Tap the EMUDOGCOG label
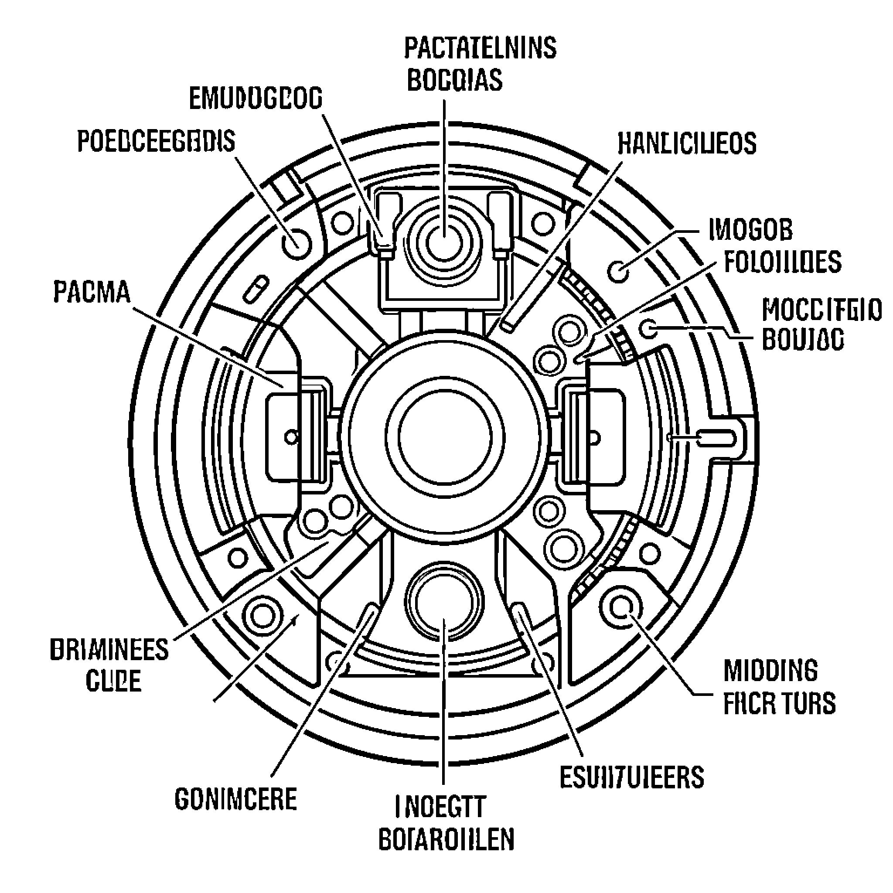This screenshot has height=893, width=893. [x=256, y=99]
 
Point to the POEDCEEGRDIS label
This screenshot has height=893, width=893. [x=156, y=141]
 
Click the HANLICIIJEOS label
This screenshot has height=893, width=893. [x=687, y=143]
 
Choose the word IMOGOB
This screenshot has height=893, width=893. [x=750, y=230]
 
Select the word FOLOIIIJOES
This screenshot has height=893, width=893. [x=782, y=262]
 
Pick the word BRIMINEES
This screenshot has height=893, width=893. [x=109, y=650]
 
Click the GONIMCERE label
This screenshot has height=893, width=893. [x=235, y=799]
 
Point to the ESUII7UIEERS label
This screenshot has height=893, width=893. [x=631, y=777]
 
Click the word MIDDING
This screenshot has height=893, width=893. [x=770, y=671]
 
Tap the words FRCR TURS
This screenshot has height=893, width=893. [x=779, y=703]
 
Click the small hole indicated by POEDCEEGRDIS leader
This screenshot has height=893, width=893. [x=296, y=243]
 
